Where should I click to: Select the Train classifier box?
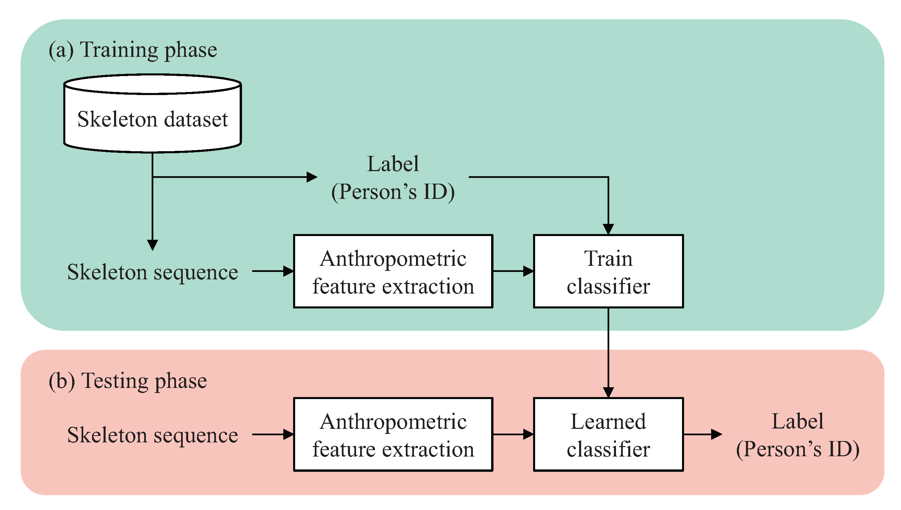pos(608,272)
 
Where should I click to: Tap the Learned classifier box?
pos(608,434)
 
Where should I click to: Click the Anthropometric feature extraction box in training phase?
pos(393,272)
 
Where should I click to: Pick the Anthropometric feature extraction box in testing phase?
pos(393,434)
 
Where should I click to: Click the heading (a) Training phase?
pos(132,50)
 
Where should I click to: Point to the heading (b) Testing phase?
pos(128,381)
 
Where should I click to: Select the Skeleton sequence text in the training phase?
pos(152,272)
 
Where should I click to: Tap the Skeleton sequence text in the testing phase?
pos(152,435)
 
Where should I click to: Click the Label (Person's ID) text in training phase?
pos(393,178)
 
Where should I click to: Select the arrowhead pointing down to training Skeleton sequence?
pos(152,245)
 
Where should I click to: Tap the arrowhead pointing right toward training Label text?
pos(311,177)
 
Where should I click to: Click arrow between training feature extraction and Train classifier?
pos(513,271)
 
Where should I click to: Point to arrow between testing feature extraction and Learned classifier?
pos(513,434)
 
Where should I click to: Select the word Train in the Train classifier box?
pos(608,258)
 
